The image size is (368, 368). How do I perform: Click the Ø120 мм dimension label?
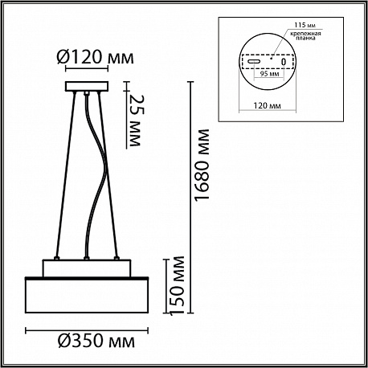click(x=95, y=57)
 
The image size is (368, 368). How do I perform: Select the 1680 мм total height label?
click(x=201, y=165)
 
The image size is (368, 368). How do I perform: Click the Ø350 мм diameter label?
click(x=96, y=341)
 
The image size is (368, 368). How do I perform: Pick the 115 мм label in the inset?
click(x=305, y=25)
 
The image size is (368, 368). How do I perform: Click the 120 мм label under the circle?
click(x=267, y=106)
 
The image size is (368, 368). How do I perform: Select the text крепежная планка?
click(x=305, y=36)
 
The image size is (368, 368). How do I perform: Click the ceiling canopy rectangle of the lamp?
click(x=87, y=86)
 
